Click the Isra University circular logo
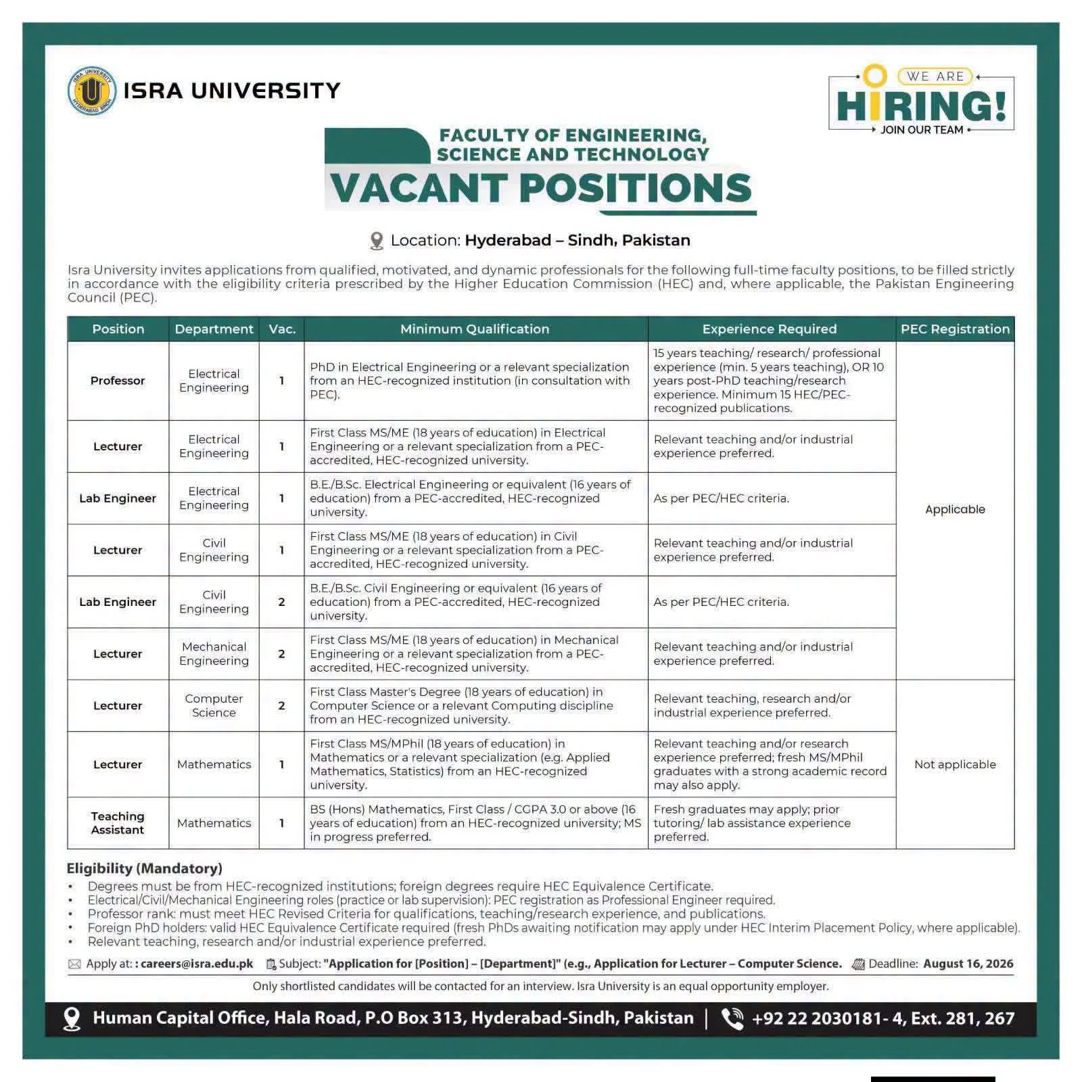pos(92,91)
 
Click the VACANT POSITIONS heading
pos(540,187)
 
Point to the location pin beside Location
pos(377,241)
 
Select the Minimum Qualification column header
pos(475,329)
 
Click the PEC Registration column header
pos(955,329)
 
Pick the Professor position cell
pos(118,381)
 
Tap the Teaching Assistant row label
pos(118,823)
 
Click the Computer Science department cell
pos(214,705)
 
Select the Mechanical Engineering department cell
pos(214,654)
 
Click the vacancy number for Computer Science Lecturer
pos(281,705)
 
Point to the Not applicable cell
pos(955,764)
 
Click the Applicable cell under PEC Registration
pos(955,509)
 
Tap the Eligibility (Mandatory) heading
pos(144,868)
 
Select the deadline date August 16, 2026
pos(968,964)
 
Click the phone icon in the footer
pos(732,1018)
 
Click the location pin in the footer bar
pos(72,1019)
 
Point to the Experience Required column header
pos(770,329)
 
